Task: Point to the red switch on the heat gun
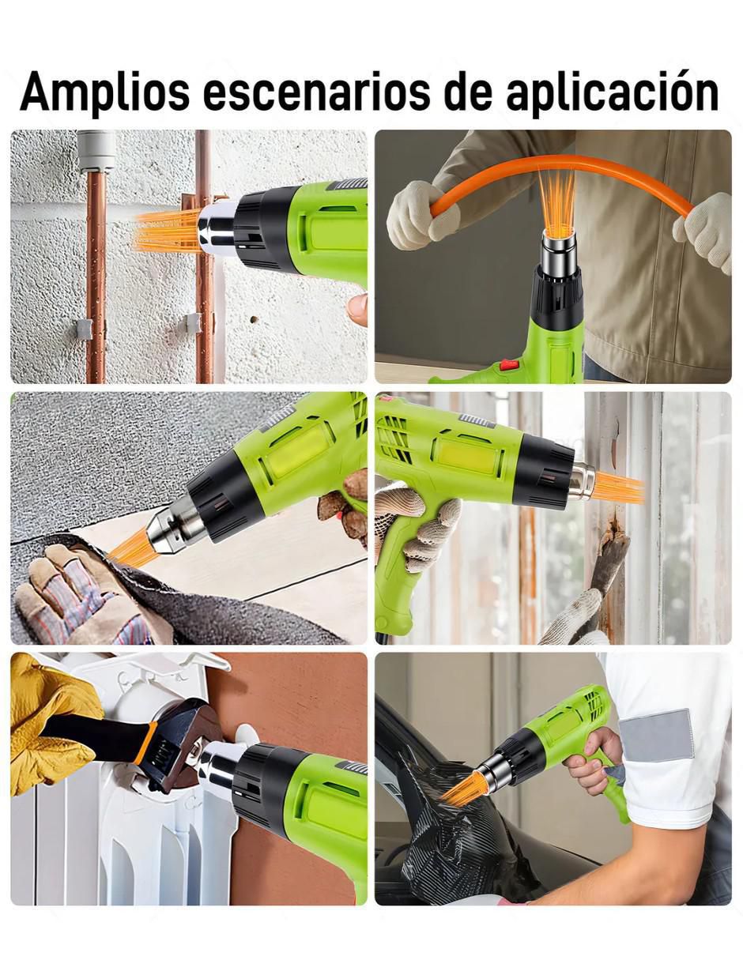pos(508,365)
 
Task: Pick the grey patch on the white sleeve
pos(656,736)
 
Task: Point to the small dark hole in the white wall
pos(254,319)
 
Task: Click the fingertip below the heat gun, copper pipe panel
pos(357,308)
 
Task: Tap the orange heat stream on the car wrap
pos(460,791)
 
